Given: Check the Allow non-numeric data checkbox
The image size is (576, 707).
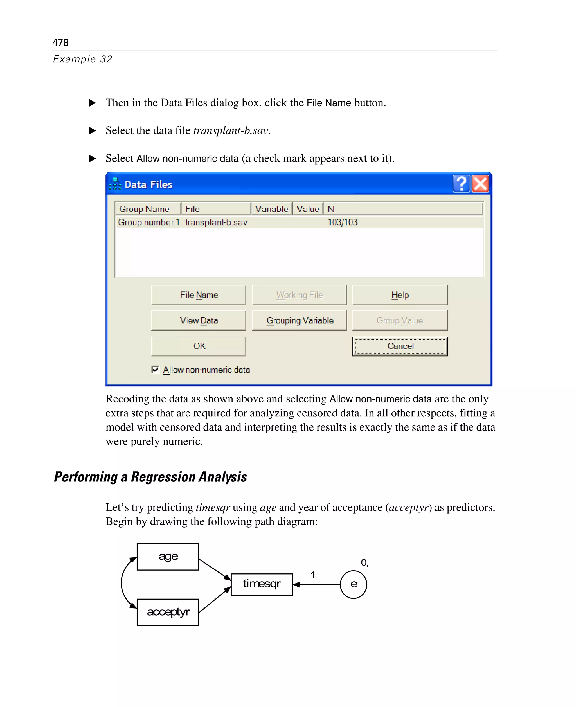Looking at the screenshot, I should click(155, 369).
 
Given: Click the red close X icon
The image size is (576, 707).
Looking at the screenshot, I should click(480, 184).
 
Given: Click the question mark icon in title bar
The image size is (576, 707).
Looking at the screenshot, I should click(461, 184).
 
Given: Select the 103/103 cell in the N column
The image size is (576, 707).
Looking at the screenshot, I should click(342, 222).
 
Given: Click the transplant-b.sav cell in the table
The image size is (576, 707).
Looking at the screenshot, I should click(216, 222).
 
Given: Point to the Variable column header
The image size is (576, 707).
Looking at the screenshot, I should click(271, 209).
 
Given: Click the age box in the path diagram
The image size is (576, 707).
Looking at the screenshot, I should click(168, 556).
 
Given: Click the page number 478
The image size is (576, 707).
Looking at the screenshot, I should click(60, 42).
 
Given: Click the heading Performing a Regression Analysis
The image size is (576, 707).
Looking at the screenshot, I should click(150, 476).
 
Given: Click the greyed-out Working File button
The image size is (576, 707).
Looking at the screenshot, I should click(299, 295).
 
